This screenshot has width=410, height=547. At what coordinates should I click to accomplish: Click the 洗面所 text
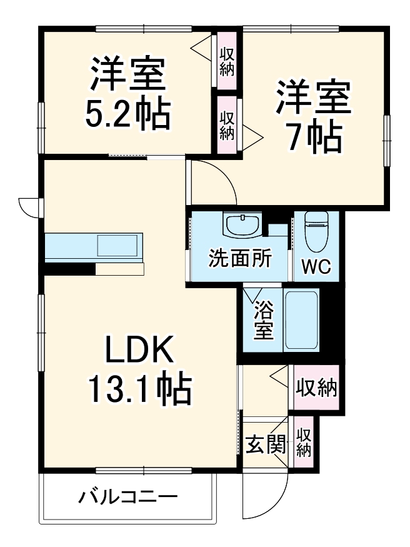coord(239,258)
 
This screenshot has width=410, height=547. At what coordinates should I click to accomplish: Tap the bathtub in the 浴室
coord(302,321)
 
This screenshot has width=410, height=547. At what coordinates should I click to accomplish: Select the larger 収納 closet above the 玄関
coord(316,388)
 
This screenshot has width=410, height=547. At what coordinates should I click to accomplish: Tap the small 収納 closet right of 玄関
coord(304,442)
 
